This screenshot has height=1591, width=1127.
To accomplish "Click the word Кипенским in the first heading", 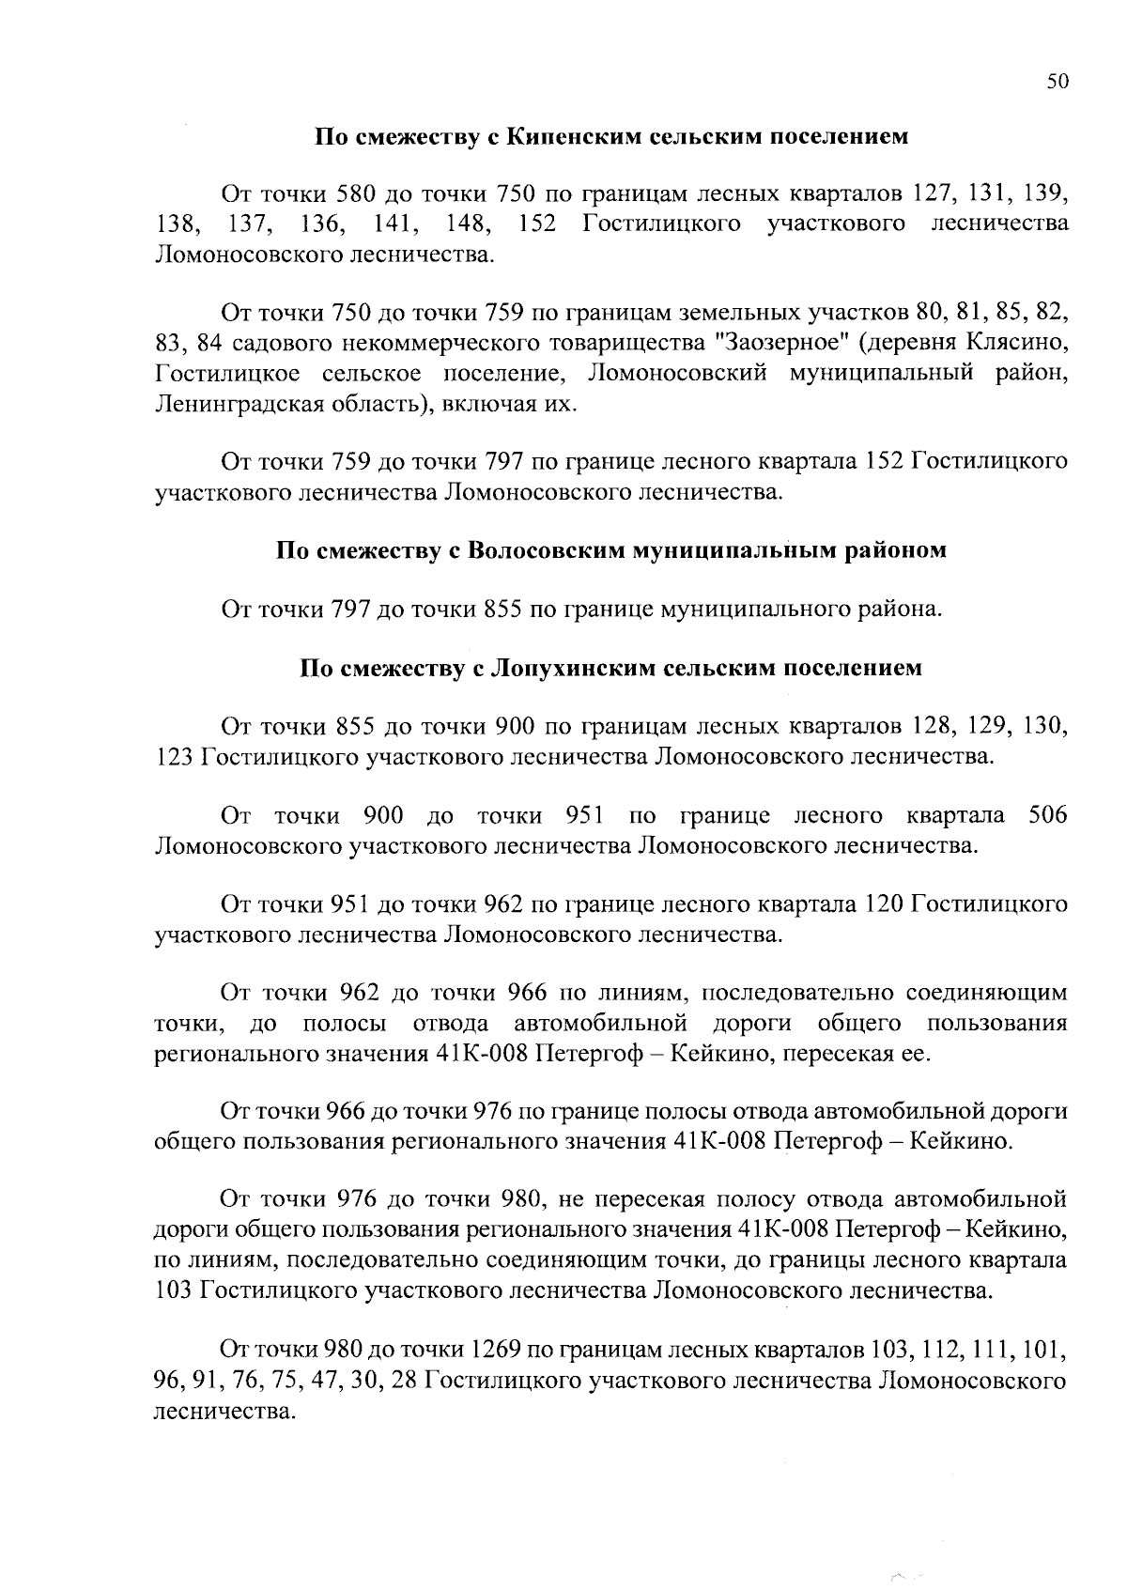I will [564, 137].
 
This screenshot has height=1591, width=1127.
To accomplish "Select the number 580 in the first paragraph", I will [356, 195].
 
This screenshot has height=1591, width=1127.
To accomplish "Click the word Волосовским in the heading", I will [533, 550].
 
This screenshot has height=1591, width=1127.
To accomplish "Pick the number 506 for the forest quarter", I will [1047, 814].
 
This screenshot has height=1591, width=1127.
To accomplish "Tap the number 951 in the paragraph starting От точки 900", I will [584, 814].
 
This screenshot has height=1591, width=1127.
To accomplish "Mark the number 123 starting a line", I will [174, 756].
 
